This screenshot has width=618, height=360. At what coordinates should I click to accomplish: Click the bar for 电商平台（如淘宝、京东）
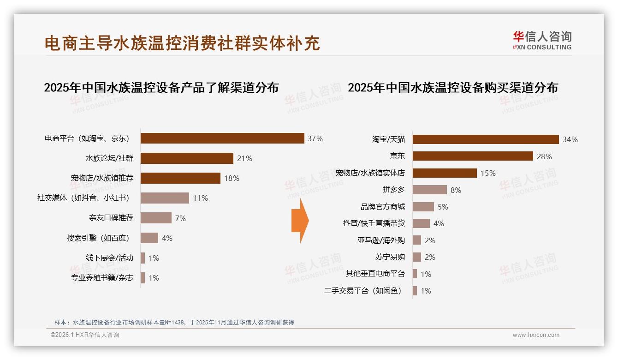tap(222, 138)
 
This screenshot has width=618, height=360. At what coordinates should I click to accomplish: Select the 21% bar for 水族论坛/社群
tap(187, 158)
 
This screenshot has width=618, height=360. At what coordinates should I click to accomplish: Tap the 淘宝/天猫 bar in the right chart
tap(486, 139)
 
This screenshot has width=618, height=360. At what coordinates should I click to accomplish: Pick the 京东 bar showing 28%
tap(473, 156)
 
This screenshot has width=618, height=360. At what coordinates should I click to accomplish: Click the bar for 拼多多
tap(429, 190)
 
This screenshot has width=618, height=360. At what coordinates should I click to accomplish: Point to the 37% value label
tap(315, 138)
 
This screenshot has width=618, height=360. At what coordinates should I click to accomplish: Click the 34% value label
tap(570, 139)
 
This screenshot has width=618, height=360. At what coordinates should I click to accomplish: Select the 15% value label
tap(488, 173)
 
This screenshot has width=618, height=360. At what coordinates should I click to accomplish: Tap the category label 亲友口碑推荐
tap(111, 218)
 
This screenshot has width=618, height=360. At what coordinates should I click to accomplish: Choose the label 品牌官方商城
tap(382, 207)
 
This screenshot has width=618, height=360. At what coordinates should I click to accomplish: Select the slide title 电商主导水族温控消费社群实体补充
tap(182, 43)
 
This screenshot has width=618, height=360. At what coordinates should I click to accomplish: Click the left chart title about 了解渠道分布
tap(161, 87)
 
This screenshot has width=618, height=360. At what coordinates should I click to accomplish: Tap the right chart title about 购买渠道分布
tap(452, 87)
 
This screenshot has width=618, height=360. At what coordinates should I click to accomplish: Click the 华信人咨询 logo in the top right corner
tap(542, 41)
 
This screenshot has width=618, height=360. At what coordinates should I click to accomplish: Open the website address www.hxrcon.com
tap(535, 335)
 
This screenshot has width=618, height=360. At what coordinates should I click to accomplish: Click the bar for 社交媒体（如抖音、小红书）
tap(165, 198)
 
